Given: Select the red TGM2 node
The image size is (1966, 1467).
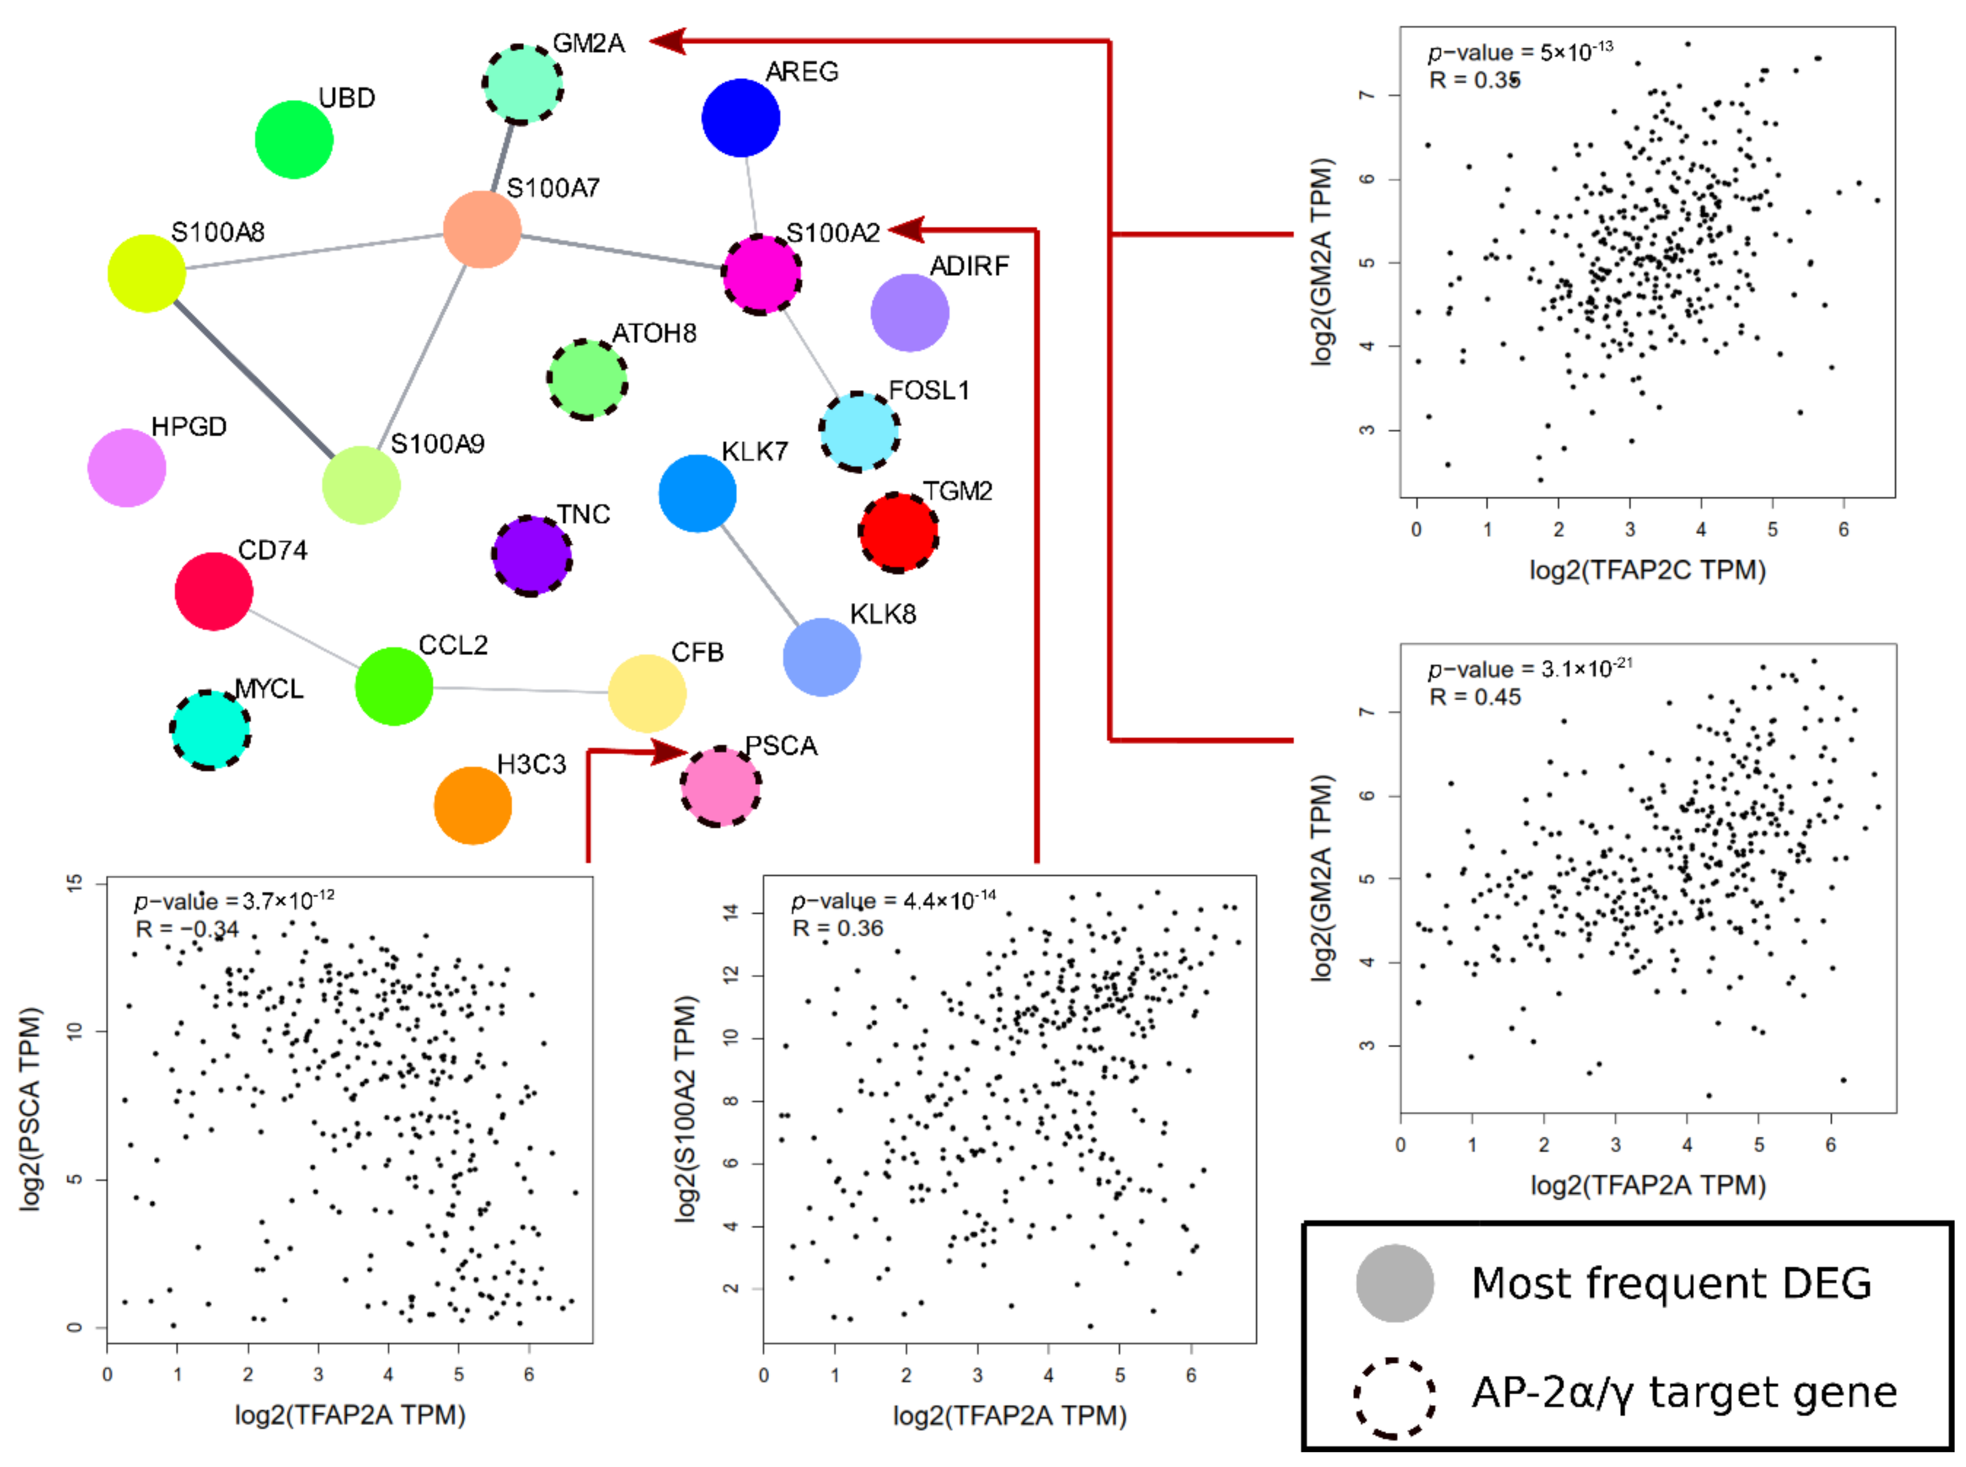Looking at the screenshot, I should point(897,533).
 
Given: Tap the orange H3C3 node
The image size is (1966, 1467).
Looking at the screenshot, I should point(473,806).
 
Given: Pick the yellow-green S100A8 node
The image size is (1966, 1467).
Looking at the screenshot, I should point(147,274).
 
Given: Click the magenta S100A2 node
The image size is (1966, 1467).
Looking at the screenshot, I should point(761,274).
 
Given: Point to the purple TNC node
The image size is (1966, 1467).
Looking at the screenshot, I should point(531,556).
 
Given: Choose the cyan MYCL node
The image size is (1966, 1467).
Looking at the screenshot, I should point(210,730).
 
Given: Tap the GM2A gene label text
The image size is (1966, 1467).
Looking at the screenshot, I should point(588,43).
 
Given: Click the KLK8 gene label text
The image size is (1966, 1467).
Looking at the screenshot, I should point(882,614).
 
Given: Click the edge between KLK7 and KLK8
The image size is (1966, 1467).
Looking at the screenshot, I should point(759,575).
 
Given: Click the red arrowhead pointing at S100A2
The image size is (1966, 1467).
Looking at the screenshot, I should point(906,230).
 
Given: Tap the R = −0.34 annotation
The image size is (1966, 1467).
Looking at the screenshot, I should point(187,929).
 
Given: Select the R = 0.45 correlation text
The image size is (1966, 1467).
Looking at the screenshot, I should point(1474,697).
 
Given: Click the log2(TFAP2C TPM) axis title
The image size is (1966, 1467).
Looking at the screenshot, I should point(1646,569).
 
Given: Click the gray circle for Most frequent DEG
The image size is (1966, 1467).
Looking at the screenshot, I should point(1394,1283).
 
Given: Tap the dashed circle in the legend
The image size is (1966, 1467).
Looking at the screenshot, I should point(1394,1397).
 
